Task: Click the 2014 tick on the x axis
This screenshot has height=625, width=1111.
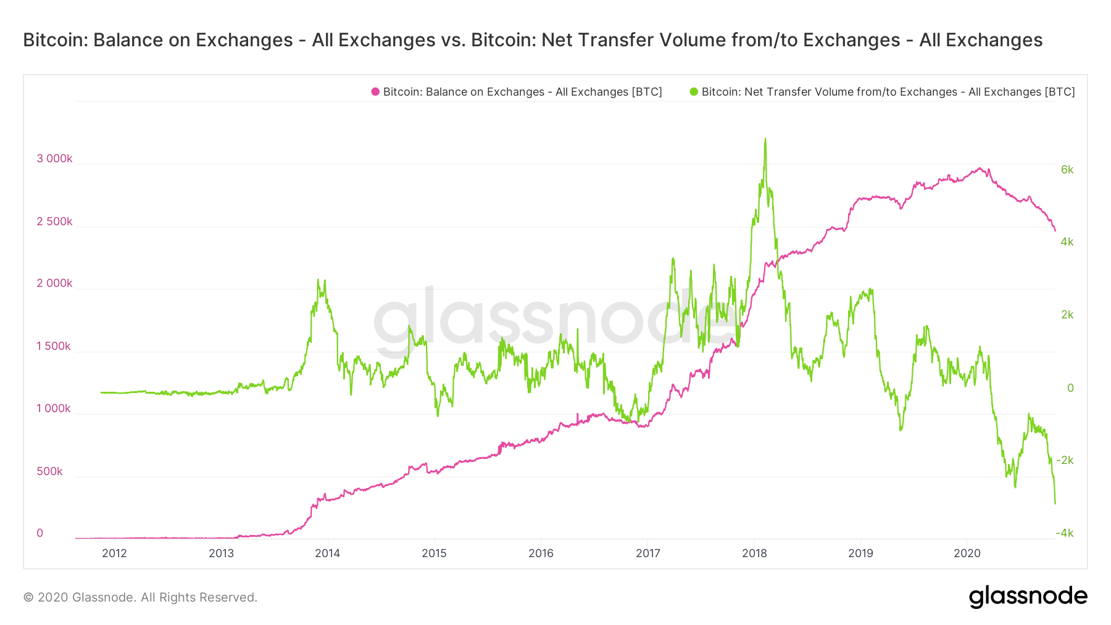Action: click(327, 553)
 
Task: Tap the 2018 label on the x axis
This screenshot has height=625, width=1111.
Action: click(754, 553)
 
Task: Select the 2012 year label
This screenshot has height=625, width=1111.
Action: click(114, 553)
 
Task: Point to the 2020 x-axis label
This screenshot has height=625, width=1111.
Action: click(967, 553)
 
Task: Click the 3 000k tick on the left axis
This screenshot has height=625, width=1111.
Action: click(54, 159)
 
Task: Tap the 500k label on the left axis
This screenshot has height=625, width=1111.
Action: click(49, 471)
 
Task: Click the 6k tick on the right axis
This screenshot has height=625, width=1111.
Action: click(1067, 170)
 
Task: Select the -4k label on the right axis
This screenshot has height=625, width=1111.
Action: click(1065, 533)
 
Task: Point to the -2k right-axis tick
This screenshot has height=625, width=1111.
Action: click(1065, 460)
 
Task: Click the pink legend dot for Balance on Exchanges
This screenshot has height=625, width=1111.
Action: click(375, 92)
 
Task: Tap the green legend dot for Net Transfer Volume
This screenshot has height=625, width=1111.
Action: click(694, 92)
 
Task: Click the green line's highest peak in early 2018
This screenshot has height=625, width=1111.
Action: click(765, 139)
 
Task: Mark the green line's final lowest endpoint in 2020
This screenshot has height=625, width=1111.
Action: click(1055, 503)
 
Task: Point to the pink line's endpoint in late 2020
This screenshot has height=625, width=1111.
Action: click(1055, 231)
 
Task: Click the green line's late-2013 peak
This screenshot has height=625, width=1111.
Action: click(318, 281)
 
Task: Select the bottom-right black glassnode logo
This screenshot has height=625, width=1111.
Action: click(1028, 597)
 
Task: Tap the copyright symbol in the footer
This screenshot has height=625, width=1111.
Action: click(28, 597)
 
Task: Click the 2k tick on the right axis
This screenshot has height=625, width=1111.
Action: click(1067, 315)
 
